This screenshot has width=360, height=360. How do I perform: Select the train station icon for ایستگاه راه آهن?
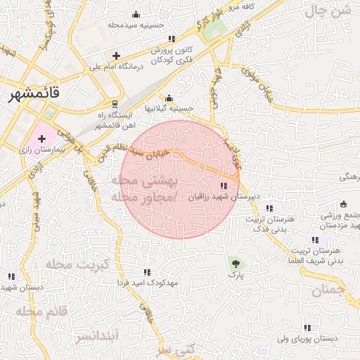(x=115, y=103)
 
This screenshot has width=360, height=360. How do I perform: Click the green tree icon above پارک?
(x=236, y=264)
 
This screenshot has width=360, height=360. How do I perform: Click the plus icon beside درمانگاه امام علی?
(x=117, y=56)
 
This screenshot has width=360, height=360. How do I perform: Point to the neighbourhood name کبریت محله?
(x=77, y=264)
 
